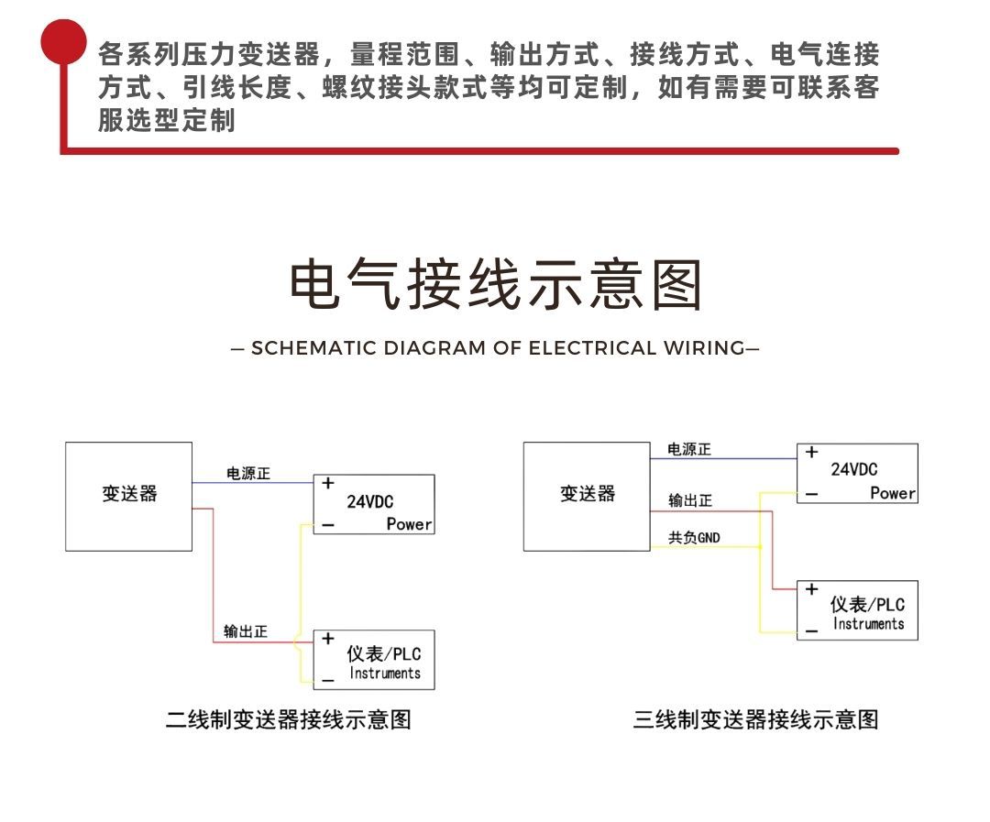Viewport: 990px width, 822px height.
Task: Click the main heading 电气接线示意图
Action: (x=495, y=284)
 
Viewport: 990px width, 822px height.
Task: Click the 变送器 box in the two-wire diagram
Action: (x=129, y=496)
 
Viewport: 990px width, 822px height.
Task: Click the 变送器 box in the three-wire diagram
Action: (x=588, y=496)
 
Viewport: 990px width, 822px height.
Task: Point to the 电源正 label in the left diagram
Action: (x=248, y=474)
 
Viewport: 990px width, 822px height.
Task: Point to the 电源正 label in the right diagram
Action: (x=689, y=450)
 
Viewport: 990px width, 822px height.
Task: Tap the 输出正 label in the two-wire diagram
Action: (x=246, y=632)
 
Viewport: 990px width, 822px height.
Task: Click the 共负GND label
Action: (x=694, y=538)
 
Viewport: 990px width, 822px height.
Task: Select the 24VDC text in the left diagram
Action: (x=370, y=502)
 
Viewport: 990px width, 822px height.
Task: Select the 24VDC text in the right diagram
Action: (x=853, y=470)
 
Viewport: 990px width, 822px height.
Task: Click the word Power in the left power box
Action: (x=409, y=524)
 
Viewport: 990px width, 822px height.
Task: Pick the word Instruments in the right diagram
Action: (x=868, y=624)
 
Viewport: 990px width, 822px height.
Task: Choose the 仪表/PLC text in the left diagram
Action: (x=383, y=654)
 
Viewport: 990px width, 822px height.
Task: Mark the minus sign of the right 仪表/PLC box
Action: (x=811, y=630)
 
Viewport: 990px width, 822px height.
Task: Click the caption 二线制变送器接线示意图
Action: (x=288, y=719)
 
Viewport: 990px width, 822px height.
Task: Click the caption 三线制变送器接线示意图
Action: (x=755, y=719)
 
